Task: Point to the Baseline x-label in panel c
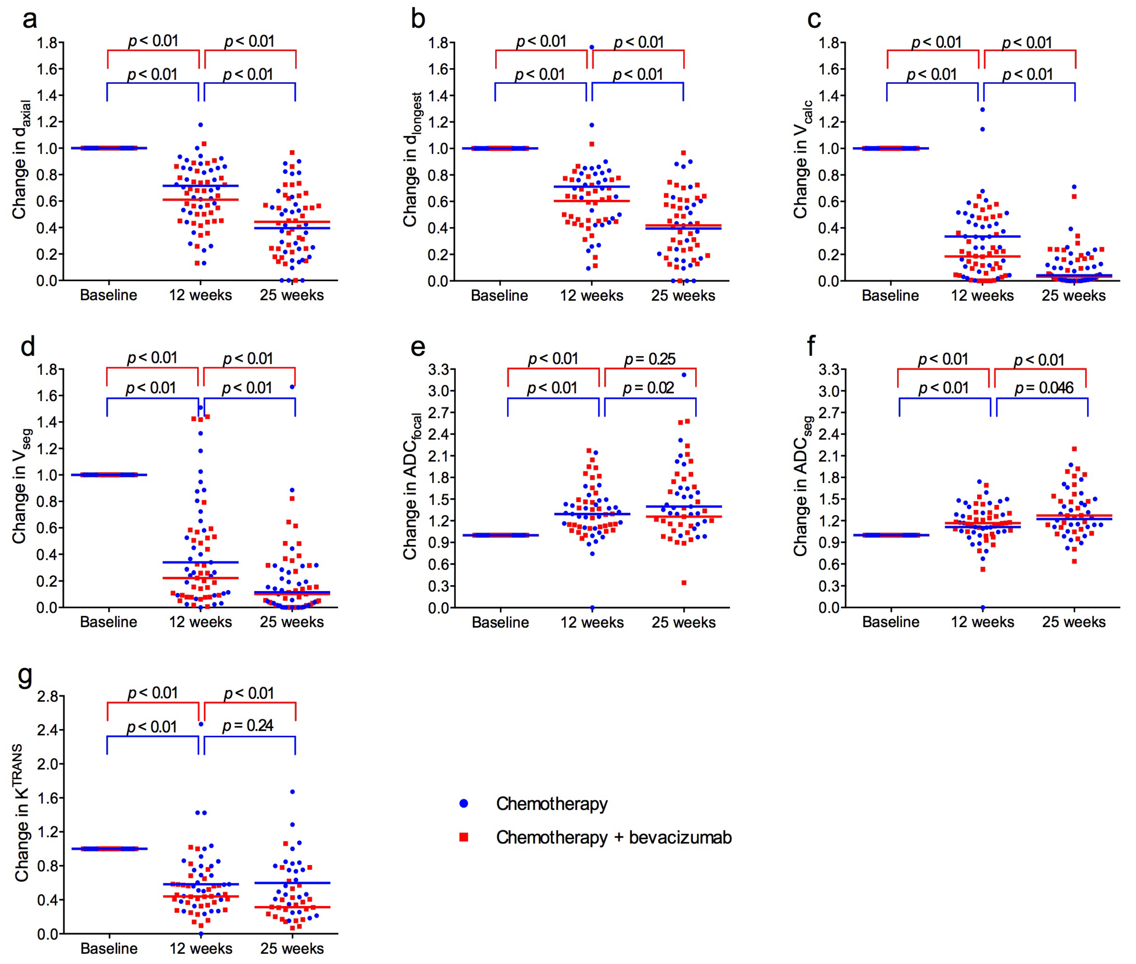[x=890, y=296]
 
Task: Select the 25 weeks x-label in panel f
[x=1073, y=622]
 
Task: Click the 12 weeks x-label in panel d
[x=200, y=622]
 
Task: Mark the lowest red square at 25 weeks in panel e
[x=684, y=582]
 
